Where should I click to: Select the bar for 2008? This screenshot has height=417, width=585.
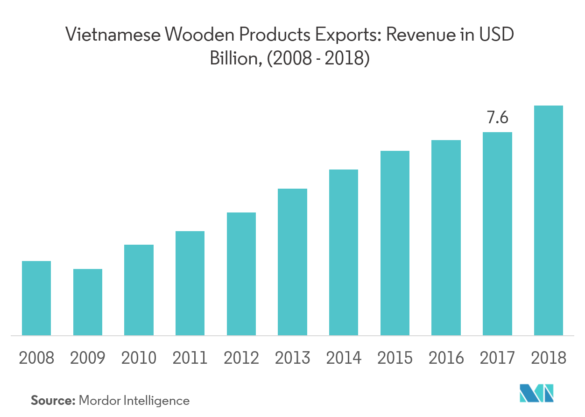[36, 298]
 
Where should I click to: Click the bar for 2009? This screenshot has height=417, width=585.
[88, 302]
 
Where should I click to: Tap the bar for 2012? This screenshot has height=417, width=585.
[241, 274]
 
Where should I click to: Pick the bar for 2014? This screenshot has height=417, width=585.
[344, 252]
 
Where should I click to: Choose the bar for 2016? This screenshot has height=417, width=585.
[446, 238]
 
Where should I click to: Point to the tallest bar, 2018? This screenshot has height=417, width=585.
[549, 220]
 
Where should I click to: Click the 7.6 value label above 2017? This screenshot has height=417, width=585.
[497, 118]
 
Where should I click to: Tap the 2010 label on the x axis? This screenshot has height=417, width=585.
[139, 358]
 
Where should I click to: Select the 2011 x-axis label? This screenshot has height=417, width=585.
[190, 358]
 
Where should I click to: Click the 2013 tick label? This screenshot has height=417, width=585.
[292, 358]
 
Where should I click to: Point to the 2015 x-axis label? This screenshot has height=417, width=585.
[395, 358]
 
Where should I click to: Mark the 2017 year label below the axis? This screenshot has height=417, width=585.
[497, 358]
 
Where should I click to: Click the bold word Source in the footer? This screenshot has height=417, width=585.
[52, 400]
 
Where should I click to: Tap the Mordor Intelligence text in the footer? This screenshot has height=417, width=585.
[134, 400]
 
